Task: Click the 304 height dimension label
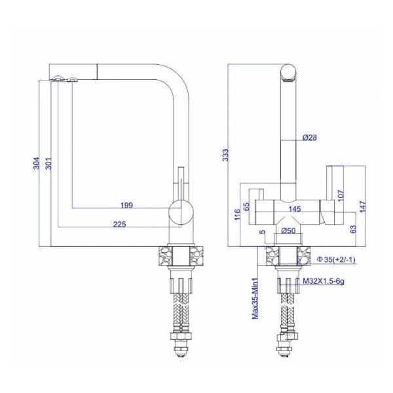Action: click(x=37, y=164)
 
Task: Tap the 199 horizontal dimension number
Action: click(x=127, y=205)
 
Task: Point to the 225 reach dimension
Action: click(x=119, y=224)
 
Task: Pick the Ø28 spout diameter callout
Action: click(x=310, y=138)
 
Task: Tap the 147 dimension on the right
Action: click(x=362, y=205)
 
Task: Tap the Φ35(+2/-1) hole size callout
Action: click(x=336, y=260)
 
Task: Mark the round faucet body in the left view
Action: click(x=181, y=214)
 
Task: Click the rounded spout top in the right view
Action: click(x=288, y=73)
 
